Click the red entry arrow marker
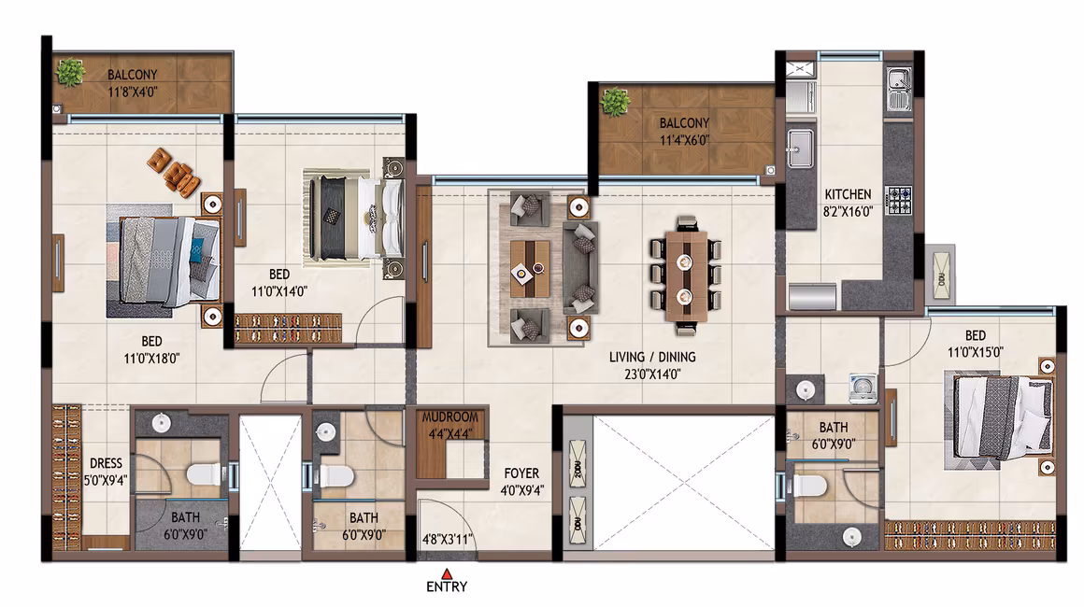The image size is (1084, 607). click(x=448, y=573)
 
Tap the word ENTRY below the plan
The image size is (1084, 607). click(x=447, y=587)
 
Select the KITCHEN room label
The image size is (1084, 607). click(x=848, y=195)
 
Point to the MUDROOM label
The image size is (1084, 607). click(x=450, y=417)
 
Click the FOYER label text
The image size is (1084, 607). click(x=521, y=473)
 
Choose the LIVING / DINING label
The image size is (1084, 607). click(x=652, y=357)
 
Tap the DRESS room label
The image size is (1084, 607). click(x=106, y=463)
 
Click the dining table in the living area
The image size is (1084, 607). click(x=685, y=276)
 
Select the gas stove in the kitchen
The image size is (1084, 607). click(x=899, y=200)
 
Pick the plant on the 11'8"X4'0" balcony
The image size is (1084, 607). click(x=70, y=72)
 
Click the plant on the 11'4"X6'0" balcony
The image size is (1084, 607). click(x=615, y=102)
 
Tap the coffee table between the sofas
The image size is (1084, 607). click(x=530, y=269)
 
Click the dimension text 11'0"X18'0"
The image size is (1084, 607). click(x=151, y=359)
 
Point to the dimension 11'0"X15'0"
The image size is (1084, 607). click(x=975, y=352)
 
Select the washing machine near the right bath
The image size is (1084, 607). click(x=863, y=388)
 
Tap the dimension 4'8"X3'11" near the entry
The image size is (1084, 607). click(x=448, y=539)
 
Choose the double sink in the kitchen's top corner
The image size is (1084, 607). click(x=899, y=89)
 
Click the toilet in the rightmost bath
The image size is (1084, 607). click(x=809, y=486)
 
